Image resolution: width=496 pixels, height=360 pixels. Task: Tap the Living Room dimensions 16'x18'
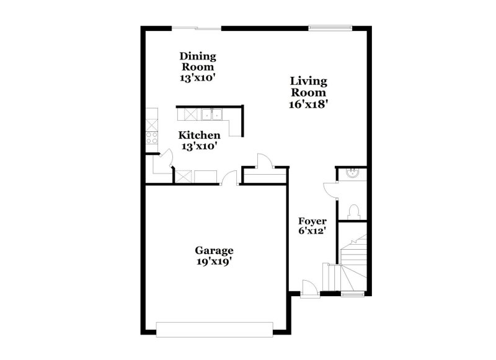308,105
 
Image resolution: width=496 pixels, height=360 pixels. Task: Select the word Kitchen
199,135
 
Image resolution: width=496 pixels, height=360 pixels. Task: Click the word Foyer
312,221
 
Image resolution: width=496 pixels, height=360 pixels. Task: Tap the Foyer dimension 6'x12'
312,231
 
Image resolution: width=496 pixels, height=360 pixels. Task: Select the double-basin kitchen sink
210,114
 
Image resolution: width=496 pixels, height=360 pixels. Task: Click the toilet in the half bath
353,211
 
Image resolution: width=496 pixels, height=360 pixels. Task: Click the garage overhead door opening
215,328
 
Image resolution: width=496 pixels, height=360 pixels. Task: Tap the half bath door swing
329,189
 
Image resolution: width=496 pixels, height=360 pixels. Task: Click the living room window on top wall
330,27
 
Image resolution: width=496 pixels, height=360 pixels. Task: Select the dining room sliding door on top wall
197,28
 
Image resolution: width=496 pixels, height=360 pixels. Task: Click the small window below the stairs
352,294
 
